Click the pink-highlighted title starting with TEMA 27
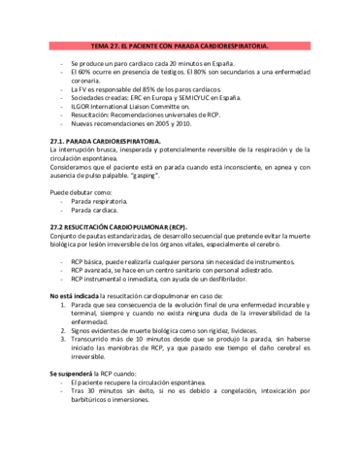[x=180, y=46]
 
